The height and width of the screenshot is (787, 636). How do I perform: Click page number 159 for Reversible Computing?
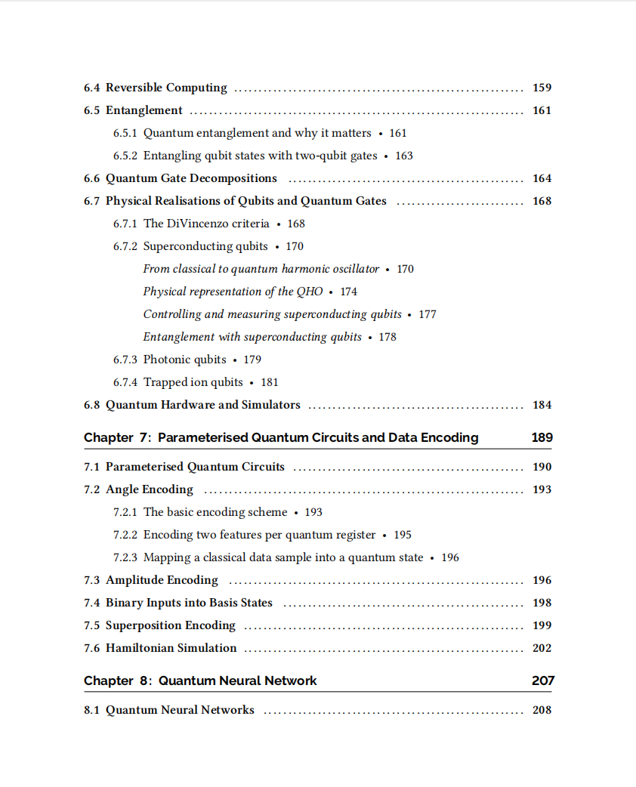(542, 88)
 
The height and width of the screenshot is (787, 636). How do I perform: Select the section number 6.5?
(91, 110)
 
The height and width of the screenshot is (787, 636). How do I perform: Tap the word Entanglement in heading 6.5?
(144, 110)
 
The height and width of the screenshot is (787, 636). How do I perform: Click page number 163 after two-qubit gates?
(404, 156)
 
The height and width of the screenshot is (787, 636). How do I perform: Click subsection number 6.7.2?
(125, 246)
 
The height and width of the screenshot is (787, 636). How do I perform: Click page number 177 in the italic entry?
(428, 314)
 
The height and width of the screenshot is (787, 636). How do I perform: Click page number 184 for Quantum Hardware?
(542, 405)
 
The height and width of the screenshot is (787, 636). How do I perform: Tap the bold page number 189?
(542, 437)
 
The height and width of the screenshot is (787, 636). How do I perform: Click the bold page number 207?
(542, 681)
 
